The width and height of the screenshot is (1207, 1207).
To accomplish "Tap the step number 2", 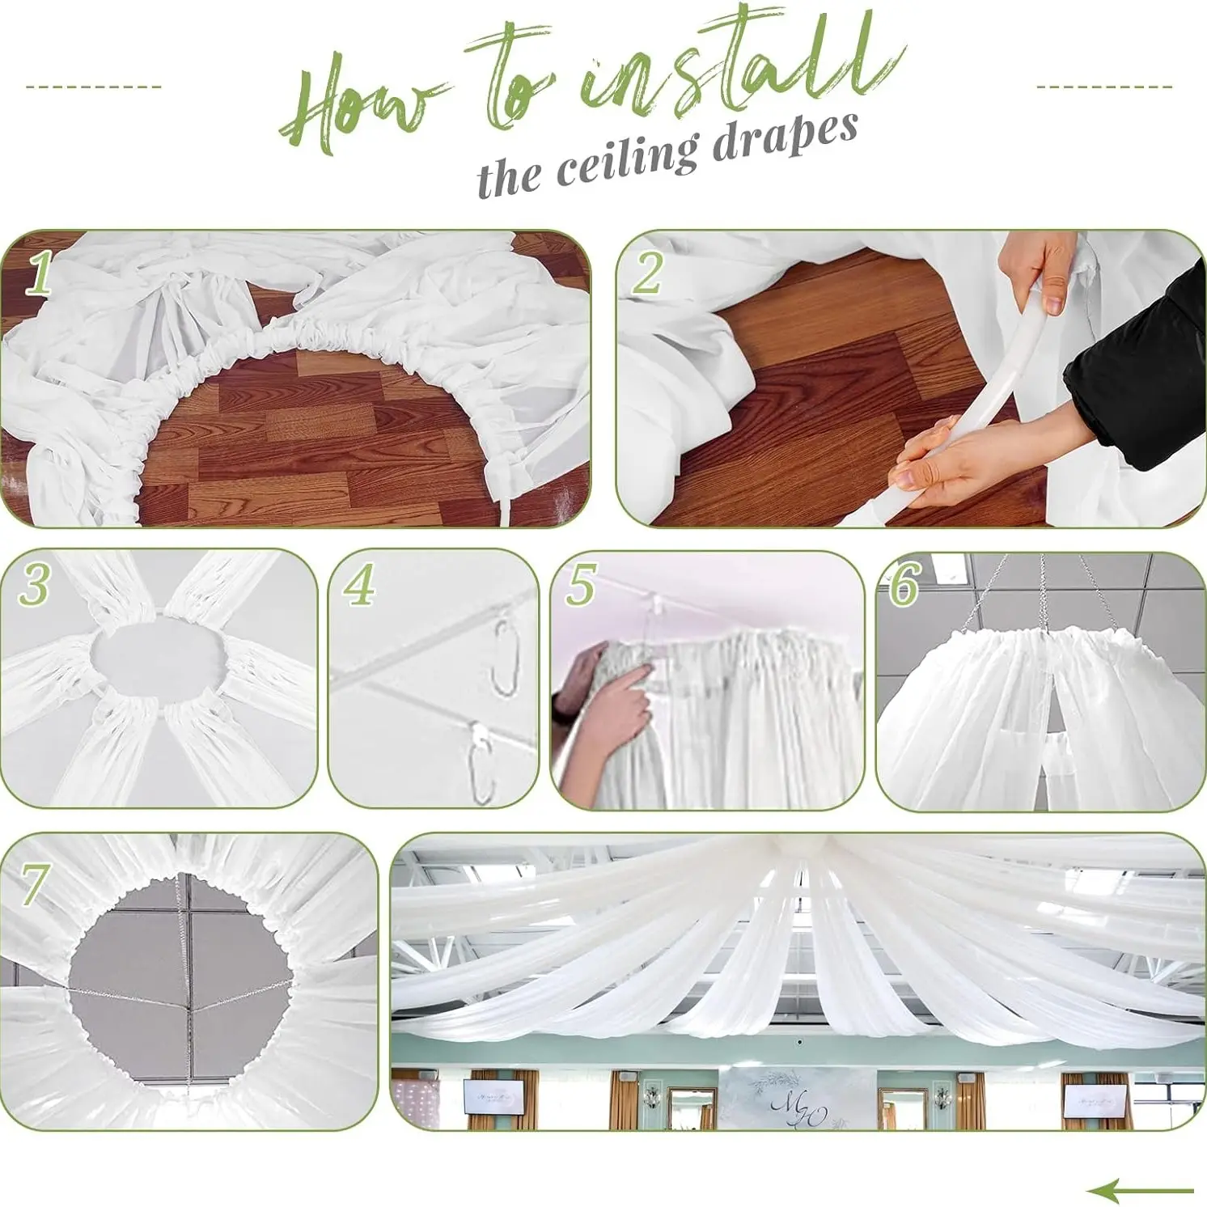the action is (648, 273).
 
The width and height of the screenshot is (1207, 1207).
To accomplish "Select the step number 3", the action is (34, 584).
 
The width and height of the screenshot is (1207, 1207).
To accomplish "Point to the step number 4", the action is (359, 584).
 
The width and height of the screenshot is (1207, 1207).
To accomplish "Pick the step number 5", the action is (580, 585).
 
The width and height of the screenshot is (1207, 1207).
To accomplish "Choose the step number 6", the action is (904, 583).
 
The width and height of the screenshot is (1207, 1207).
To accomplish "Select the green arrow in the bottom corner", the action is (1140, 1190).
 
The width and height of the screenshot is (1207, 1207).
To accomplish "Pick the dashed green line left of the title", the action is (94, 87).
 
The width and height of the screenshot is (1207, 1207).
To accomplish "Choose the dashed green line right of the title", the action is (1104, 87).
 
